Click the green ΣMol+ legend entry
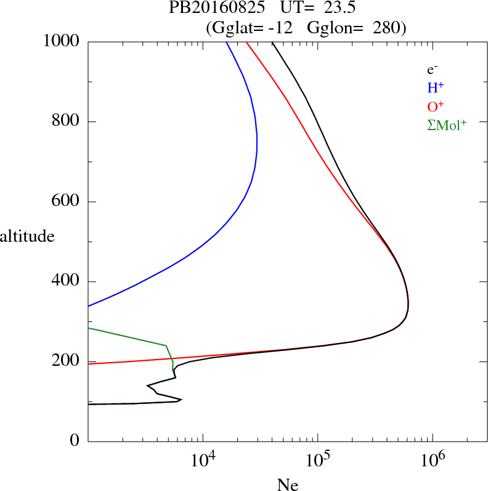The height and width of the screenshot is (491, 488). (x=447, y=125)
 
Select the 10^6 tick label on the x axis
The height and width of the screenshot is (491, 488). (x=433, y=460)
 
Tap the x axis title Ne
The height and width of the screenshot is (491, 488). (x=287, y=485)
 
